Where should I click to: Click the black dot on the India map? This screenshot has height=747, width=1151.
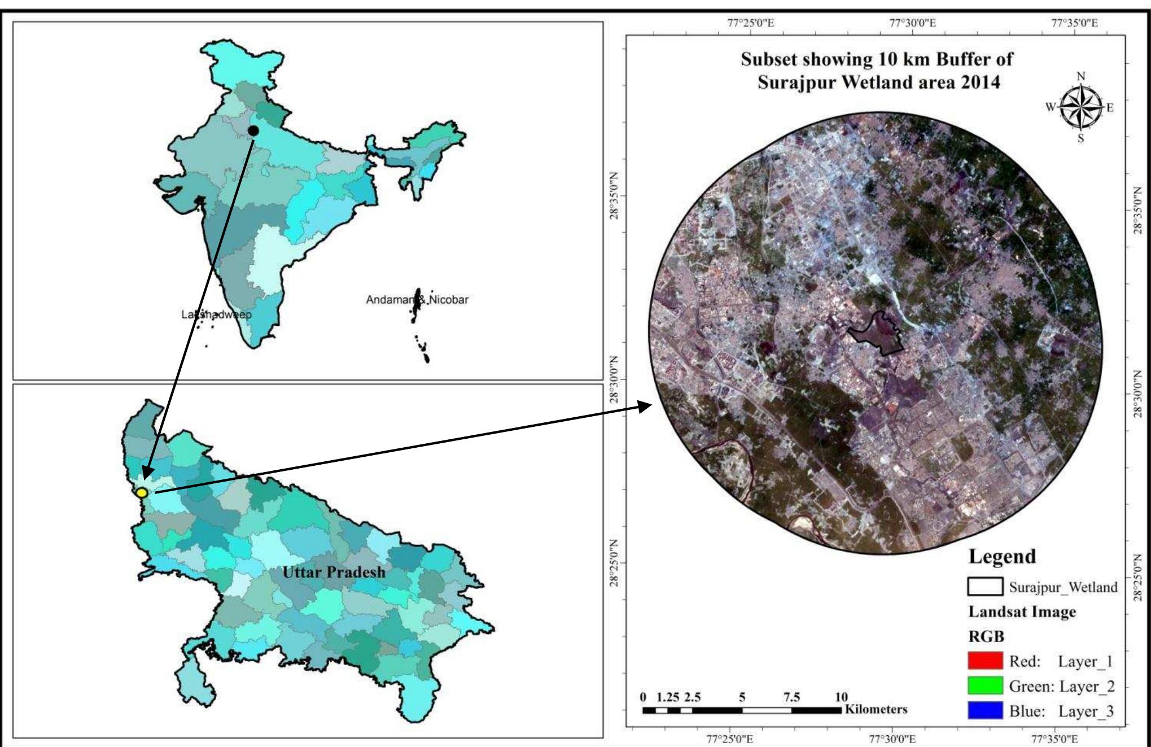pyautogui.click(x=253, y=130)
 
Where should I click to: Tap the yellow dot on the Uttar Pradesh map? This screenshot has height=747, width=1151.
pyautogui.click(x=142, y=492)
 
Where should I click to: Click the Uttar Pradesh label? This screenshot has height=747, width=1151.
pyautogui.click(x=334, y=572)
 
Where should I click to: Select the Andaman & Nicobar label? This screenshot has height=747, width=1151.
pyautogui.click(x=417, y=300)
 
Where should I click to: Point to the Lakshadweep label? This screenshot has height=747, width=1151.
pyautogui.click(x=216, y=314)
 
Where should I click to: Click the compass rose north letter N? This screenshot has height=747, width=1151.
pyautogui.click(x=1081, y=76)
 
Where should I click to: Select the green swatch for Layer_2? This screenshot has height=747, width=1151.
pyautogui.click(x=985, y=686)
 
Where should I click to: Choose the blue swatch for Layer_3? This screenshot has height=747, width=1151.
pyautogui.click(x=985, y=711)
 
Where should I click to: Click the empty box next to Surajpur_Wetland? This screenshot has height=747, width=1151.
pyautogui.click(x=985, y=587)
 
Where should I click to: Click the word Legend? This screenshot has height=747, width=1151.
pyautogui.click(x=1002, y=557)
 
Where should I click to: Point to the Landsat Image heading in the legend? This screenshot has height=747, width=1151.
pyautogui.click(x=1022, y=612)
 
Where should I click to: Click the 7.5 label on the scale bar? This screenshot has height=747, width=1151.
pyautogui.click(x=791, y=697)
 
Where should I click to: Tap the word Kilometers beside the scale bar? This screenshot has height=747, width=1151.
pyautogui.click(x=876, y=709)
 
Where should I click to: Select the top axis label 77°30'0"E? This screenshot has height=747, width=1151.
pyautogui.click(x=912, y=23)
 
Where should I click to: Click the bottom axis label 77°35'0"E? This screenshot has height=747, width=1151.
pyautogui.click(x=1054, y=739)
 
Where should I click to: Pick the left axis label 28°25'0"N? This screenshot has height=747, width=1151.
pyautogui.click(x=615, y=563)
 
